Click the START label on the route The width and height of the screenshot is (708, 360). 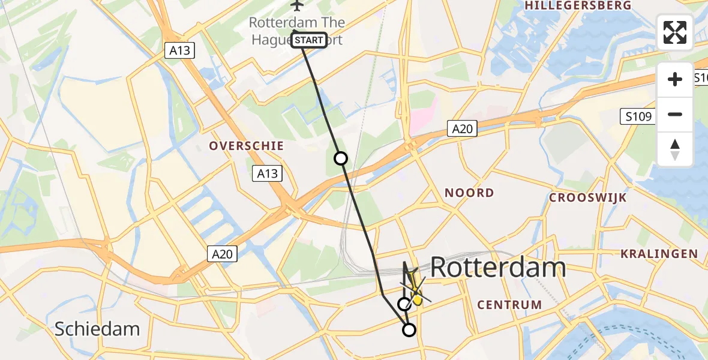tap(309, 40)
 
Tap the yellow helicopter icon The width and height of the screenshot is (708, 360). tap(415, 295)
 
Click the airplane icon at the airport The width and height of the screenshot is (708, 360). tap(296, 5)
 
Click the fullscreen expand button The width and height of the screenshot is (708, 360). tap(675, 32)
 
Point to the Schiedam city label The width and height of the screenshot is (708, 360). tap(97, 329)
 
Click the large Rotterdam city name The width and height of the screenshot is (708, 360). tap(498, 268)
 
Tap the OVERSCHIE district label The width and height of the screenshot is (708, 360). tap(246, 146)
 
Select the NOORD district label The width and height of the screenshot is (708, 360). tap(469, 193)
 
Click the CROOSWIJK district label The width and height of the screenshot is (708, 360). tap(588, 197)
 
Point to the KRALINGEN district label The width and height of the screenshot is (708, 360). tap(659, 254)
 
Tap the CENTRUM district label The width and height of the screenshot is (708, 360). tap(509, 305)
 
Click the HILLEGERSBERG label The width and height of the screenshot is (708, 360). tap(578, 5)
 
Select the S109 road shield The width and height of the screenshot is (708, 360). tap(637, 116)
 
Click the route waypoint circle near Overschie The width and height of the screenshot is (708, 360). tap(340, 158)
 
